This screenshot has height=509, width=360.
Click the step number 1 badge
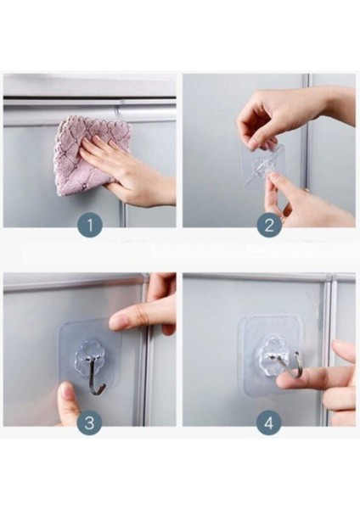point(90,224)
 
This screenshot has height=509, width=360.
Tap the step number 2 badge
point(269,224)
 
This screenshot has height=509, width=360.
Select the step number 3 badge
point(89,423)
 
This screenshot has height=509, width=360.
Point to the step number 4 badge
point(268,423)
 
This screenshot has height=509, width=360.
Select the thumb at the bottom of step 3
point(68,402)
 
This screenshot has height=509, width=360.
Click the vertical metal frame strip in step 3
point(145,350)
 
